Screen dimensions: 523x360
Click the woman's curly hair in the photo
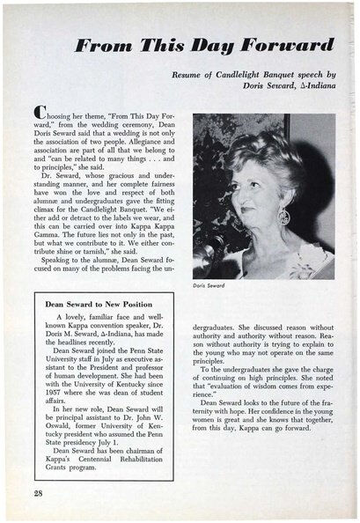point(273,158)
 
